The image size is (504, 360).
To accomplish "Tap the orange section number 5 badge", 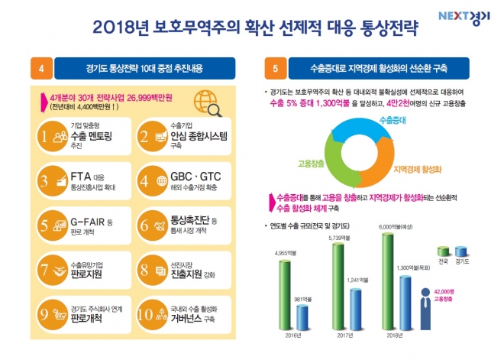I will point(275,70).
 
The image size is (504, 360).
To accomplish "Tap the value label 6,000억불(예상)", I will point(399,227).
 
